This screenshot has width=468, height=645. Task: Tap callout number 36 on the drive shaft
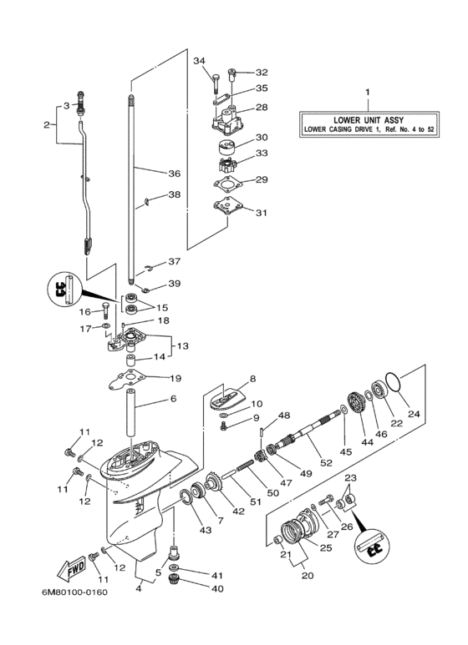pos(174,174)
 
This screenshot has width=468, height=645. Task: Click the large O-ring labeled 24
pos(400,385)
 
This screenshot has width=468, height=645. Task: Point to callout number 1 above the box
pos(365,89)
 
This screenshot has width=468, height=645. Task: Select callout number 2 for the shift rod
pos(47,125)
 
